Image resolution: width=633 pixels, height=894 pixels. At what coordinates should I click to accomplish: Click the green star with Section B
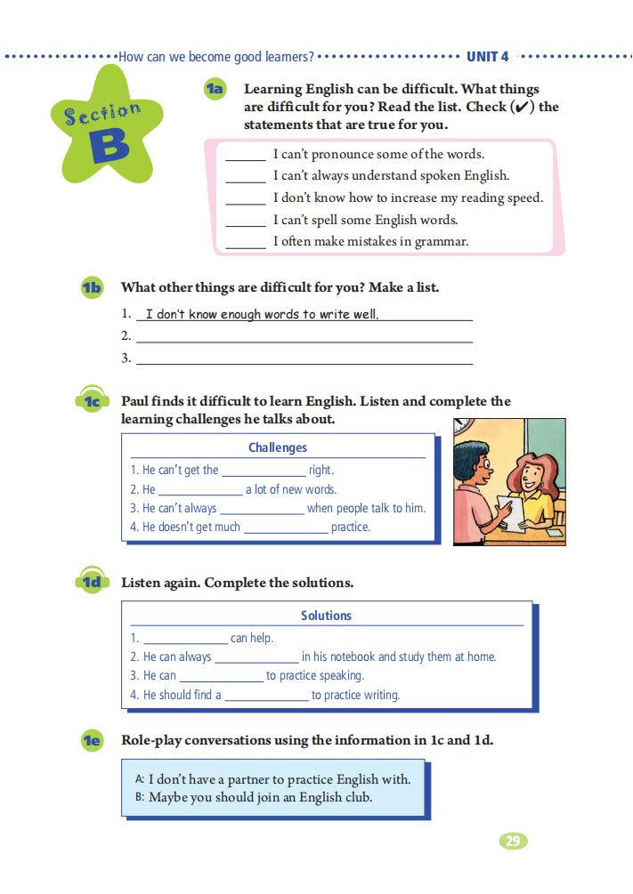click(x=106, y=130)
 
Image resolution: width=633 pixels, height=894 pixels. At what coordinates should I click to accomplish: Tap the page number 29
click(x=512, y=841)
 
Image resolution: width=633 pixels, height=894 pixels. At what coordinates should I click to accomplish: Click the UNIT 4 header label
click(x=487, y=57)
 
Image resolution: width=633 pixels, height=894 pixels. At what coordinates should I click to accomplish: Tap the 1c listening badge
click(x=92, y=402)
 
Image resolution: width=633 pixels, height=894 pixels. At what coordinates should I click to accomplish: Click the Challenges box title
click(x=278, y=448)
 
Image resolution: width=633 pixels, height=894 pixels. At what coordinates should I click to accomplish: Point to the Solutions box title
click(x=326, y=616)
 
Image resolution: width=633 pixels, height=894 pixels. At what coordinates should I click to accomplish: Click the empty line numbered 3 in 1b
click(x=303, y=358)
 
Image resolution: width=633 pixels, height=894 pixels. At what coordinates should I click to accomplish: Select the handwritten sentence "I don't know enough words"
click(x=262, y=314)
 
